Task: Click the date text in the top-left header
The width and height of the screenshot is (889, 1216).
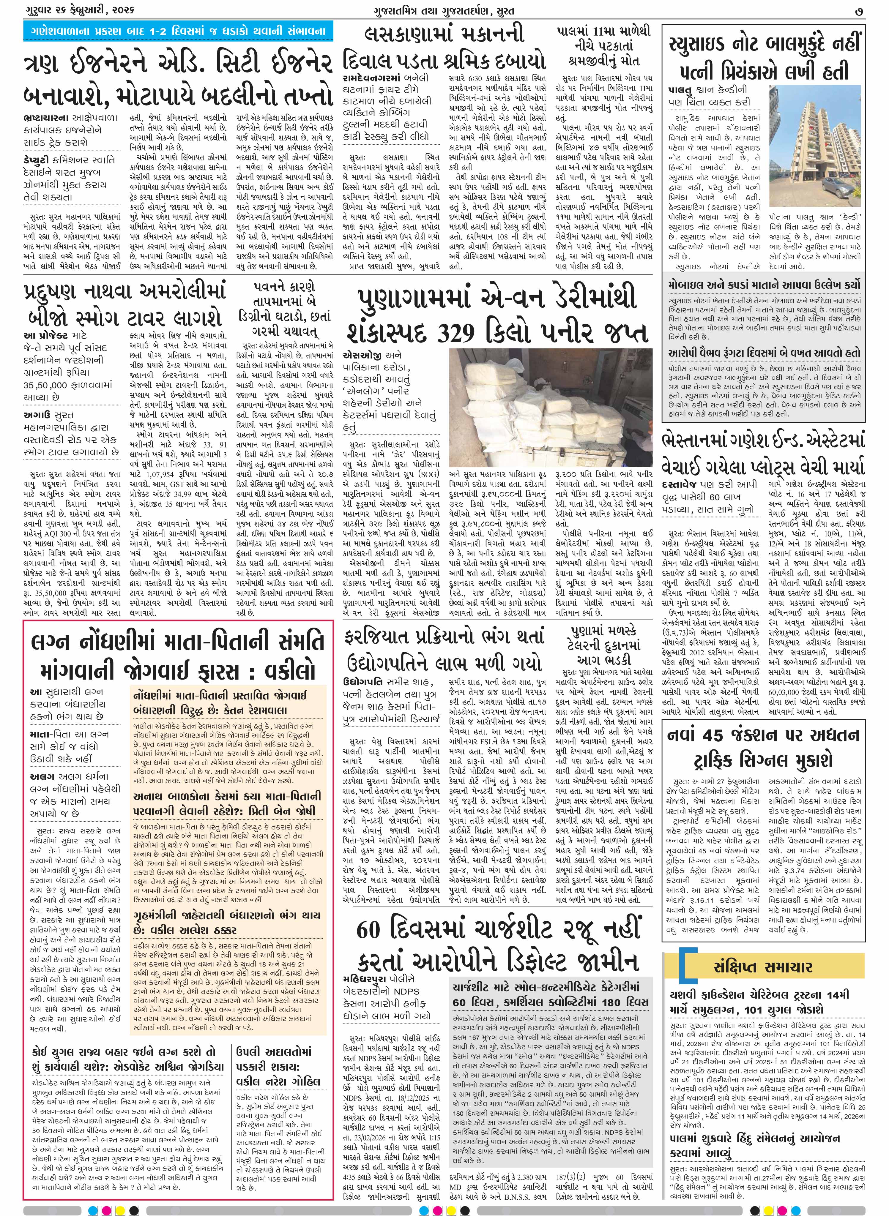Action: (78, 10)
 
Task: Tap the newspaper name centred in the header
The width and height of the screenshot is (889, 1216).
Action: (444, 10)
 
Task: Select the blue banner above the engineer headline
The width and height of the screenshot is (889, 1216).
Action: (178, 31)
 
